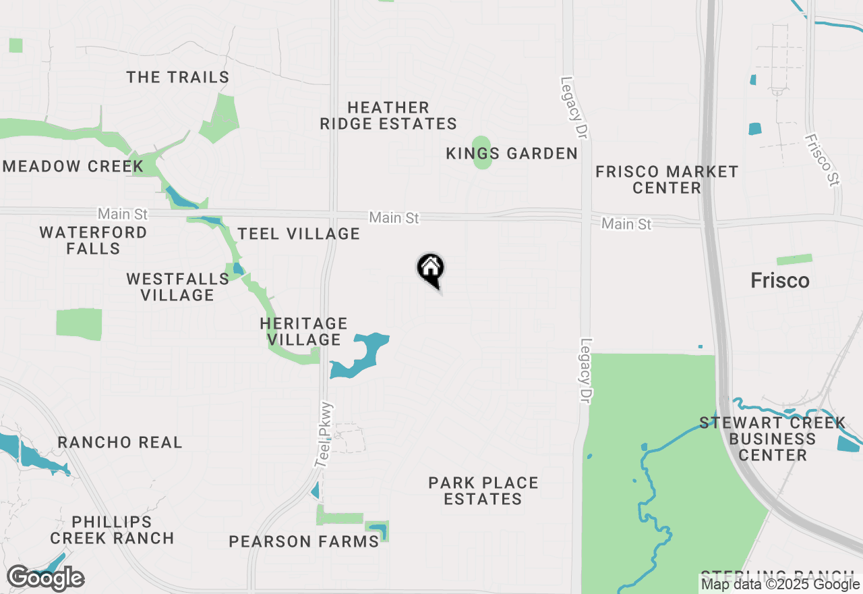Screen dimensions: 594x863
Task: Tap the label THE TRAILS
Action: (x=178, y=77)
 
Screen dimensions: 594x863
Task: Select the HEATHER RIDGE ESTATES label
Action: (x=388, y=115)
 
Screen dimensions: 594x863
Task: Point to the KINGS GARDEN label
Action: (x=512, y=154)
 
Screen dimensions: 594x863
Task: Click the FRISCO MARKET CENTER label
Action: (x=667, y=180)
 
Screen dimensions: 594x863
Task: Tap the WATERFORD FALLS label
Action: (x=93, y=240)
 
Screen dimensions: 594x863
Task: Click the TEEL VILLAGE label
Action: (x=299, y=234)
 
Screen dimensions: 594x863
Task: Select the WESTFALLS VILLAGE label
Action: (x=177, y=287)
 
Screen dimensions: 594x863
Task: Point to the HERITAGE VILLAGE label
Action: (x=303, y=331)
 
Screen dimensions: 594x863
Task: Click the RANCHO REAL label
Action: (x=120, y=442)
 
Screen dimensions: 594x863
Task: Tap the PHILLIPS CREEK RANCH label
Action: (x=112, y=530)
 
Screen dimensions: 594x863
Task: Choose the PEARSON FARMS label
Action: (x=303, y=541)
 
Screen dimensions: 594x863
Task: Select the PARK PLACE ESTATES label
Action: (x=483, y=491)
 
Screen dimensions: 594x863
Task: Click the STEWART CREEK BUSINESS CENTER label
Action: (x=772, y=439)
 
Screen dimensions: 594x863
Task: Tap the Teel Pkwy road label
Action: (x=324, y=435)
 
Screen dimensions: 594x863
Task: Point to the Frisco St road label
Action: (x=822, y=160)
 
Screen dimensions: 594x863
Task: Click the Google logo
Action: (x=46, y=578)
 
